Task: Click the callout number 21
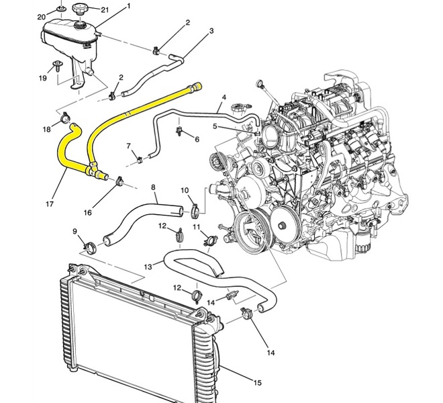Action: pyautogui.click(x=105, y=10)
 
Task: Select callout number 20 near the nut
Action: pyautogui.click(x=41, y=17)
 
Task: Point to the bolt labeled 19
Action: pyautogui.click(x=58, y=66)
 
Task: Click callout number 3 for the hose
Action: pyautogui.click(x=211, y=31)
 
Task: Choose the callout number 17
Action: pyautogui.click(x=50, y=204)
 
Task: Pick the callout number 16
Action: pyautogui.click(x=87, y=212)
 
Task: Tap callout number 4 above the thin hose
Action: pyautogui.click(x=224, y=97)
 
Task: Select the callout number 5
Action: pyautogui.click(x=215, y=126)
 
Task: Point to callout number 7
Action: pyautogui.click(x=129, y=146)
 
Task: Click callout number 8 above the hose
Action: pyautogui.click(x=153, y=187)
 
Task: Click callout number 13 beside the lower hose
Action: pyautogui.click(x=148, y=267)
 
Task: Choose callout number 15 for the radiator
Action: pyautogui.click(x=257, y=383)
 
